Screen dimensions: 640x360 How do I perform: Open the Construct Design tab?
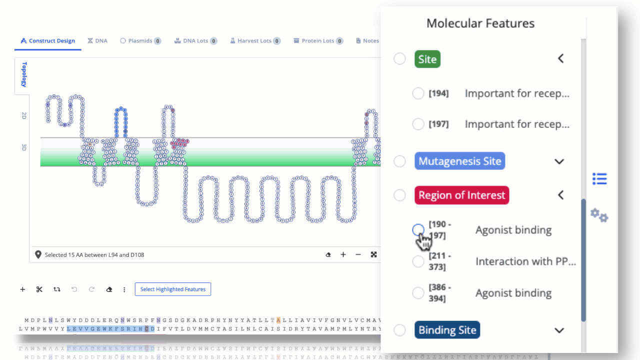pos(48,41)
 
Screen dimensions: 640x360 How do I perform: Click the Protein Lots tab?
pos(318,41)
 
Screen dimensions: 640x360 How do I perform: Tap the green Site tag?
pos(427,59)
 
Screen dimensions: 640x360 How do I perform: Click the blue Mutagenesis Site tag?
pos(459,161)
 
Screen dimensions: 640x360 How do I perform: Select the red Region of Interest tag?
pos(461,195)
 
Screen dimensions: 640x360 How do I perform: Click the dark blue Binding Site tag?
pos(447,330)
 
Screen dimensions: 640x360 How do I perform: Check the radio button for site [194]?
pos(418,93)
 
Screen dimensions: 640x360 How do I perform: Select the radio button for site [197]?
pos(418,124)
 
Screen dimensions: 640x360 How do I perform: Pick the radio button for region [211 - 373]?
pos(418,261)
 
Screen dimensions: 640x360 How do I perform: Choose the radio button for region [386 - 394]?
pos(418,293)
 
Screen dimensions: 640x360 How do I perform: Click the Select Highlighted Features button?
pos(173,289)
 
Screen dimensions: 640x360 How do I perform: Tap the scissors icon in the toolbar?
pos(39,289)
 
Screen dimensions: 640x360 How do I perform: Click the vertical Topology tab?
pos(23,74)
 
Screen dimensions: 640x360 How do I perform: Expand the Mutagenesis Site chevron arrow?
pos(559,161)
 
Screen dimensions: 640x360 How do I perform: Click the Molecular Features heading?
pos(480,23)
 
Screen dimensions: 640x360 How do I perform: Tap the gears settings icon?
pos(599,215)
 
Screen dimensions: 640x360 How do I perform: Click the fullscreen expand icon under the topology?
pos(373,254)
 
